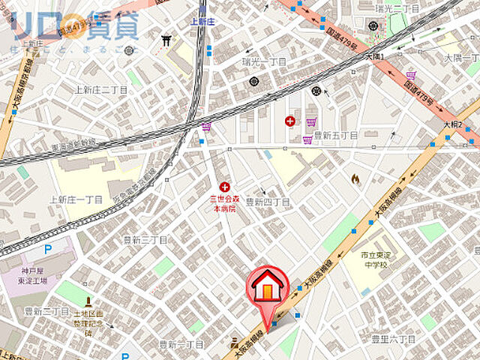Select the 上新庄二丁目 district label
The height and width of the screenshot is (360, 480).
click(102, 90)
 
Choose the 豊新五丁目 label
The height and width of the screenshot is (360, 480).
click(334, 136)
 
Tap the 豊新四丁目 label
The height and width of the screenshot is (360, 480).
click(268, 202)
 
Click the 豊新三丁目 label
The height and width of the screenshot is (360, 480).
click(145, 240)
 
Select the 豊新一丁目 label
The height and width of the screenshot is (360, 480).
click(181, 344)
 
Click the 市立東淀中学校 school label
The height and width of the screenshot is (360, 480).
click(372, 261)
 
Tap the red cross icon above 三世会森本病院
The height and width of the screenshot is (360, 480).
click(224, 185)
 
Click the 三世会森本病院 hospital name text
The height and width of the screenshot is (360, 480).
click(223, 205)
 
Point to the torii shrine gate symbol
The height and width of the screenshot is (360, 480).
click(166, 42)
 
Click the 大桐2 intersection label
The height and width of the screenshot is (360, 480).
click(451, 124)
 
